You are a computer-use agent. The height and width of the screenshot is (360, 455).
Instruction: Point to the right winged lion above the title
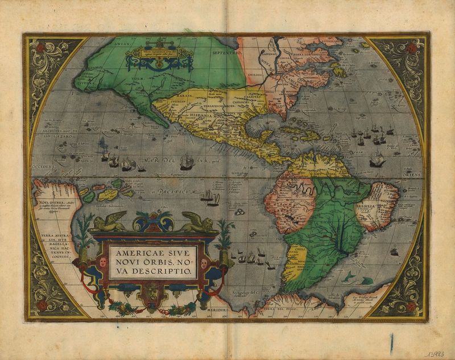[197, 221]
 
